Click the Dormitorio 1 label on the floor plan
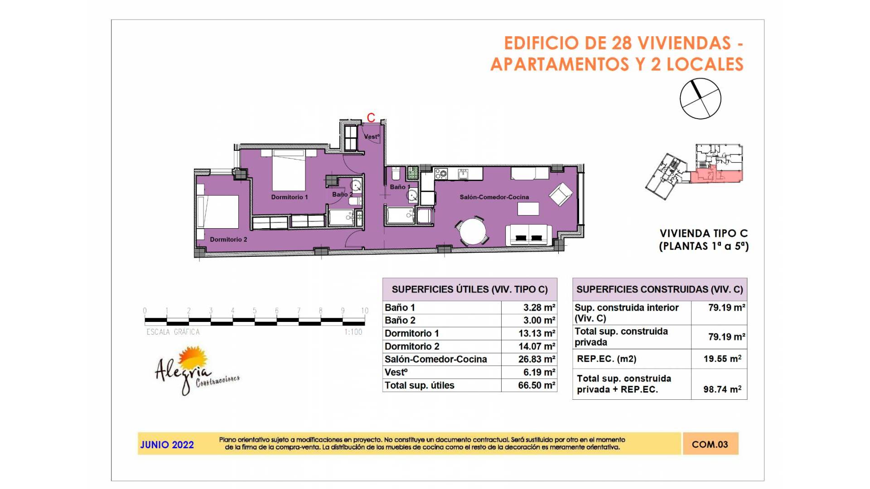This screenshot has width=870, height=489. (x=289, y=197)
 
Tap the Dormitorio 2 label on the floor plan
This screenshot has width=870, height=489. (x=228, y=240)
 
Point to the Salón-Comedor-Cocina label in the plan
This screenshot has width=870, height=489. (x=494, y=197)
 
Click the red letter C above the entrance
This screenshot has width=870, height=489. (x=371, y=118)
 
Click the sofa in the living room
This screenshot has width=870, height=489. (x=529, y=235)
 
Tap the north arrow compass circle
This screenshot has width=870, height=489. (x=700, y=99)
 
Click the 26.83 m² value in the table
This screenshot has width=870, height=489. (x=536, y=359)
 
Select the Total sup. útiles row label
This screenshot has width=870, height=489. (x=420, y=385)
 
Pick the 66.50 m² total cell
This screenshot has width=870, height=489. (x=536, y=385)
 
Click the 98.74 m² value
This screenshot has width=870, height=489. (x=722, y=389)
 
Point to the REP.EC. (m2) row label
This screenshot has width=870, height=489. (x=606, y=359)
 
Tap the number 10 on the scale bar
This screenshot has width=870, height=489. (x=365, y=311)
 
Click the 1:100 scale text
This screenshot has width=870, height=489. (x=353, y=332)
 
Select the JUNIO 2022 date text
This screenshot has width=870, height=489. (x=167, y=445)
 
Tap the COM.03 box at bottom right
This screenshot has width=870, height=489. (x=710, y=444)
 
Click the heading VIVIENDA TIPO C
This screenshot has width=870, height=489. (x=703, y=234)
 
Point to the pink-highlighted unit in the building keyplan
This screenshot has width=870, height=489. (x=716, y=175)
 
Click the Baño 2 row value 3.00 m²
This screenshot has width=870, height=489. (x=539, y=320)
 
